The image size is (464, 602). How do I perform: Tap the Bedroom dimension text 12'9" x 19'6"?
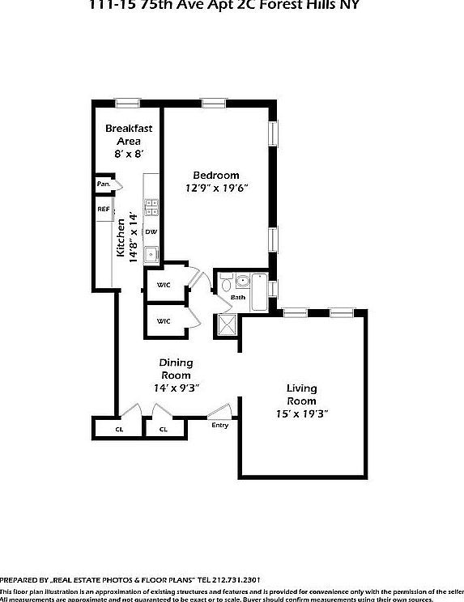pos(215,189)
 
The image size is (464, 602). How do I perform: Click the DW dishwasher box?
pos(151,232)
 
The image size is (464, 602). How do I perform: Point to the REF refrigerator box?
pos(104,210)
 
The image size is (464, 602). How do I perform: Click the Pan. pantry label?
pos(104,184)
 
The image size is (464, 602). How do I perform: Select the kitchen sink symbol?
pos(151,254)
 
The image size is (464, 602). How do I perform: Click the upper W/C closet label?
pos(163,285)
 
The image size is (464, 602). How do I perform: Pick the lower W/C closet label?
pos(163,321)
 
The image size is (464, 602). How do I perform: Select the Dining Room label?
pos(175,369)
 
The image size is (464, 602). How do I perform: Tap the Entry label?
pos(219,425)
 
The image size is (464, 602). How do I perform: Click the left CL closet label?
pos(119,429)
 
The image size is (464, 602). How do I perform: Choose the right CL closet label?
pos(163,429)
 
